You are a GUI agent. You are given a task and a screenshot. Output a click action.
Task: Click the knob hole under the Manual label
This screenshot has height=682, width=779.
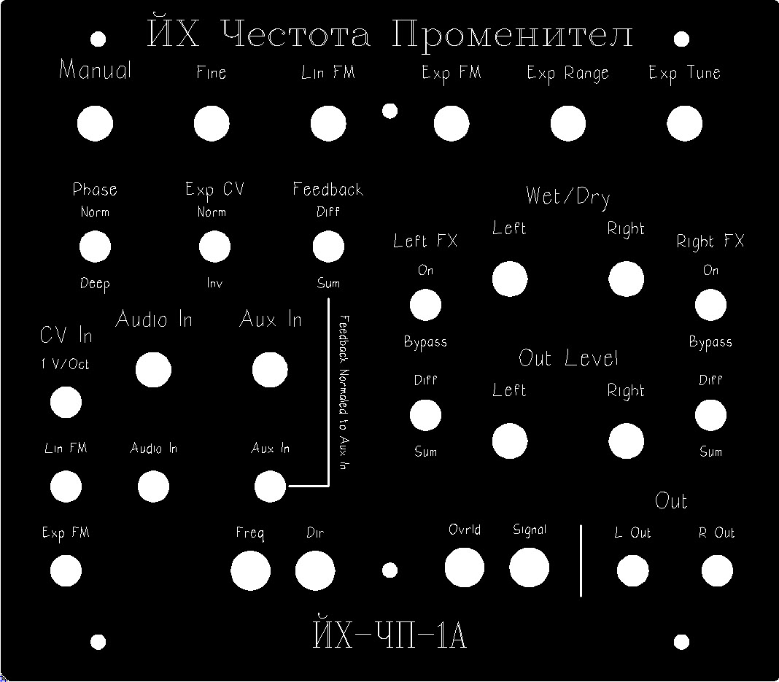95,123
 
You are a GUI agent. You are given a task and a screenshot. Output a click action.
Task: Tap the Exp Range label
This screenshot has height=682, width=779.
567,74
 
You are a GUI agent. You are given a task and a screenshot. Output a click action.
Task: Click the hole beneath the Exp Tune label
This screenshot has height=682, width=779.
684,123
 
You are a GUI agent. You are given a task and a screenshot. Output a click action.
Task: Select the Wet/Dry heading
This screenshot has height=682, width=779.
568,197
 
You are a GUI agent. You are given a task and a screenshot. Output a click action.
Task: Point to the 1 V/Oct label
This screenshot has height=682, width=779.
65,364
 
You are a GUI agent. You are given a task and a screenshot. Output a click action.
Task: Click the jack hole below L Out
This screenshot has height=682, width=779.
632,570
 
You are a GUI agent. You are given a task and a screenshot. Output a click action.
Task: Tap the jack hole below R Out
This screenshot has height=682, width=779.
717,570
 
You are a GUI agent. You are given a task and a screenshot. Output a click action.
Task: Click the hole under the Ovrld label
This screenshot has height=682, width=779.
465,567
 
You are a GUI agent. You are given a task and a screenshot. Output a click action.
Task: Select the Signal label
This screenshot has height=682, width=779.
530,530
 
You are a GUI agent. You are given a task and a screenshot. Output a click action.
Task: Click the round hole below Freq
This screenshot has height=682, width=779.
250,570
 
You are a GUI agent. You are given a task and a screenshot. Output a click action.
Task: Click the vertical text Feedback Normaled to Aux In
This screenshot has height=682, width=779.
344,392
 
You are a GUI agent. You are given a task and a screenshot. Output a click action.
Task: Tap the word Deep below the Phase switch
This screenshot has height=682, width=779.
95,284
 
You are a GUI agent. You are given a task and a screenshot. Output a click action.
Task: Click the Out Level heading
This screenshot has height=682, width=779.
568,357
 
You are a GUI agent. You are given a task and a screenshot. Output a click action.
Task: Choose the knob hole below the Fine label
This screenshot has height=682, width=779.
211,123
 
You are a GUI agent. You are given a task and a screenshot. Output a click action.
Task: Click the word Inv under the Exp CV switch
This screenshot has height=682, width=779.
214,282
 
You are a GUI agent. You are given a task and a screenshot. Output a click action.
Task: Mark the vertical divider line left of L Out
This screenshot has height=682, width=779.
581,560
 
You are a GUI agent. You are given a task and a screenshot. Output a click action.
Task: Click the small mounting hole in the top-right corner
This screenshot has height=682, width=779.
681,39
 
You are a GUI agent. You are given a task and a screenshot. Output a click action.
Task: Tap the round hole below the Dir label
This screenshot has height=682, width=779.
315,570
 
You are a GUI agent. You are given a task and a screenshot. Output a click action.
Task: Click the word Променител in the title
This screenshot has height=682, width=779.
512,34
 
